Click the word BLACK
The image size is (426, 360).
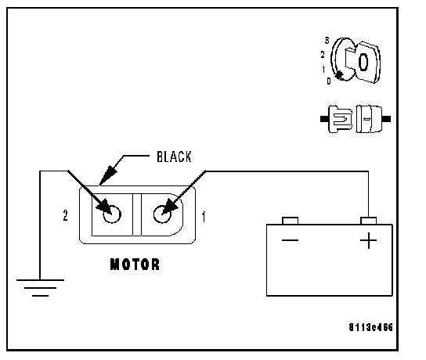coord(174,157)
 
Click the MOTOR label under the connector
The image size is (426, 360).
coord(135,265)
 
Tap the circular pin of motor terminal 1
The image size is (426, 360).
coord(162,214)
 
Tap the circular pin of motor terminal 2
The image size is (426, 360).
coord(112,214)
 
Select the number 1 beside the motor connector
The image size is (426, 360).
coord(204,217)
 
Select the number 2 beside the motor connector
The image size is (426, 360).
coord(65,215)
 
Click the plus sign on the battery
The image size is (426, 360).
coord(368,240)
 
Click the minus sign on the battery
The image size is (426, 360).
coord(291,240)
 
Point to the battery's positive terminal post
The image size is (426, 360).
coord(368,221)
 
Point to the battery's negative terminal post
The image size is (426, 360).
coord(291,221)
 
